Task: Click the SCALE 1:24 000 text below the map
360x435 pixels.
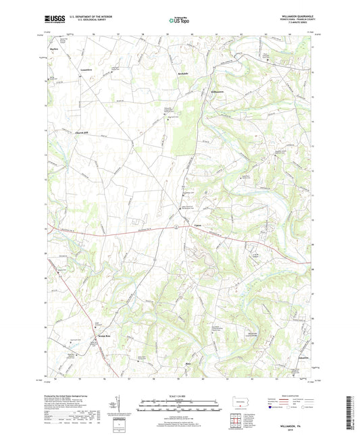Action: (179, 396)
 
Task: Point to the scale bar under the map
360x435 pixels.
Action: (179, 407)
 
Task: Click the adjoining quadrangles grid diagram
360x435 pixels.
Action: (242, 421)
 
